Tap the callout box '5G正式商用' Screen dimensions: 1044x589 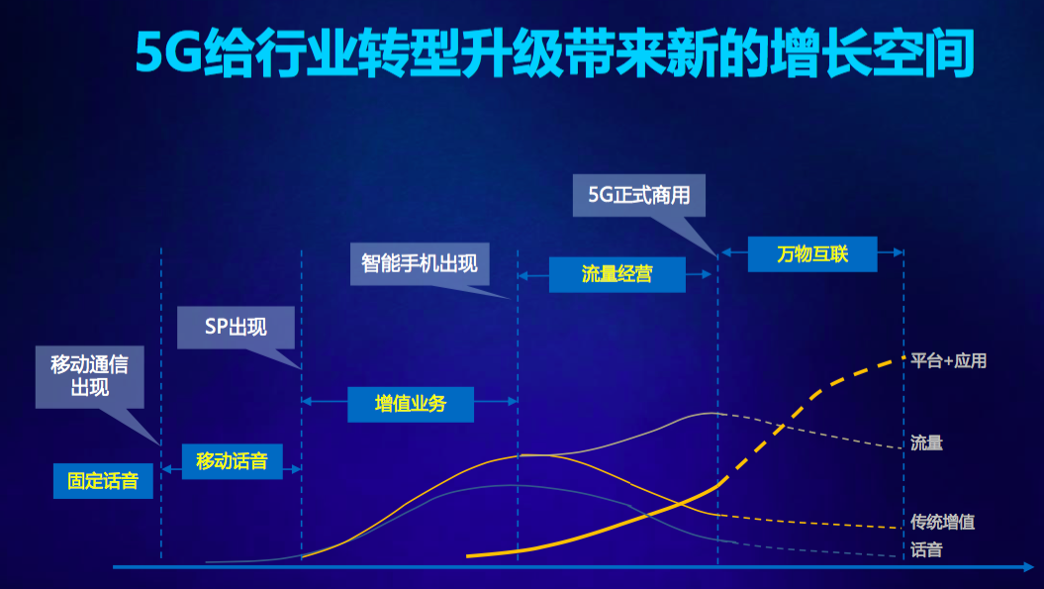(x=638, y=195)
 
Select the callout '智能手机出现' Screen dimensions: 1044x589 (x=420, y=264)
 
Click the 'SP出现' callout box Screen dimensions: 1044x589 (x=236, y=327)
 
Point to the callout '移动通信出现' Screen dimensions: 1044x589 (x=90, y=376)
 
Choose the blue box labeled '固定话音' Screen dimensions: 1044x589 (x=103, y=480)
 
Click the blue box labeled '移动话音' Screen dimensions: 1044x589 (x=232, y=461)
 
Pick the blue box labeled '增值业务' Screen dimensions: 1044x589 (x=410, y=404)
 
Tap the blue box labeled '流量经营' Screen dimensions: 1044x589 (x=617, y=274)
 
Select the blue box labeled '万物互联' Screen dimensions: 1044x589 (x=812, y=253)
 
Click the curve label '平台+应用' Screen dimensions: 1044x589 (x=948, y=361)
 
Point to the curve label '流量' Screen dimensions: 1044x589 (x=927, y=443)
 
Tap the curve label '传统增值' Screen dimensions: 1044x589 (x=943, y=522)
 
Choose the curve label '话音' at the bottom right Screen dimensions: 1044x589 (x=927, y=549)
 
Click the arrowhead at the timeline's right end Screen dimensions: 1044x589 (x=1028, y=567)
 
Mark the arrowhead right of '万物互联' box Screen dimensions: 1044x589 (x=899, y=252)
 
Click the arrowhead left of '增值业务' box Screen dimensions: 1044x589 (x=307, y=401)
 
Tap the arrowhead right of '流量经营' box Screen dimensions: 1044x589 (x=708, y=274)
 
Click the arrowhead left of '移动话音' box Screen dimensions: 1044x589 (x=167, y=469)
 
